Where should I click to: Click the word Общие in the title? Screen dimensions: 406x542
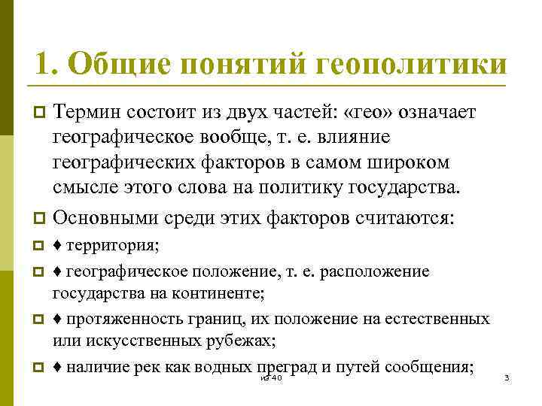(x=111, y=63)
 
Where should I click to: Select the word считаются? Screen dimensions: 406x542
(x=406, y=219)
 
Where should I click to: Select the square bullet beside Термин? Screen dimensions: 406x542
(x=41, y=113)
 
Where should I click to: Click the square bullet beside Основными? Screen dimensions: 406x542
(x=41, y=220)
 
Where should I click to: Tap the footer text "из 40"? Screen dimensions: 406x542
(x=269, y=377)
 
